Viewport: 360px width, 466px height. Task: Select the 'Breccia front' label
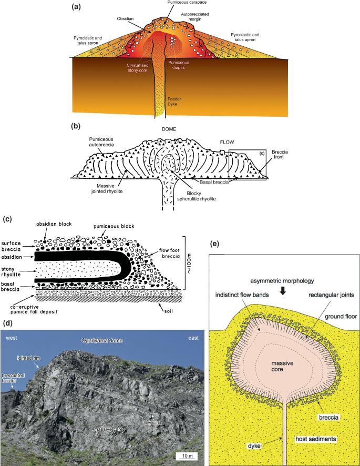click(x=279, y=154)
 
